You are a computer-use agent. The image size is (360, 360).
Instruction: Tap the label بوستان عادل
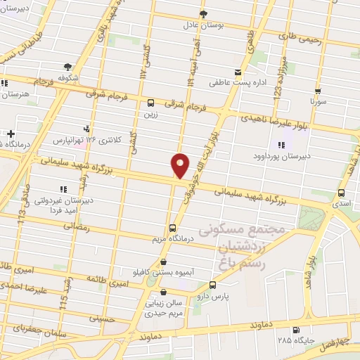point(203,24)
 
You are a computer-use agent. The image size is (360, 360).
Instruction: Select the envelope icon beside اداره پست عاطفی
point(239,72)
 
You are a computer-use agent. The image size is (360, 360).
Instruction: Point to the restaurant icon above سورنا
point(319,91)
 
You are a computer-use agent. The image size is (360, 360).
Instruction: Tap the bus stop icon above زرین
point(151,102)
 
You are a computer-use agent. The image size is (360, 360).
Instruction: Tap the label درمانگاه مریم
point(173,239)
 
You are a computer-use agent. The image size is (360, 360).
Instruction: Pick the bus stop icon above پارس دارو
point(213,285)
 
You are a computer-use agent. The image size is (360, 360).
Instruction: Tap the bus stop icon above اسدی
point(341,192)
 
